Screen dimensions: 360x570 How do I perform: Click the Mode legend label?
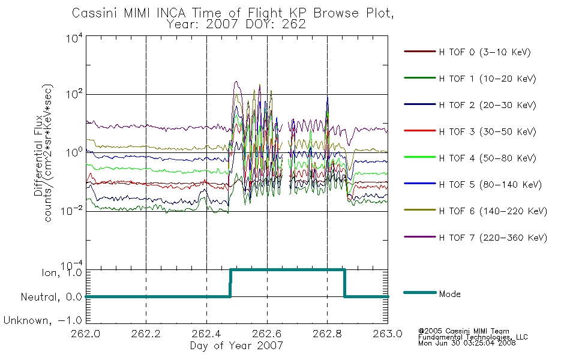pyautogui.click(x=450, y=294)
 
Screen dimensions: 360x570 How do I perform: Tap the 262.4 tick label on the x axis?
pyautogui.click(x=206, y=334)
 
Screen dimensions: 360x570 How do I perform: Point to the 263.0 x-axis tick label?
pyautogui.click(x=388, y=334)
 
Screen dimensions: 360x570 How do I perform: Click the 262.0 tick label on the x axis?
pyautogui.click(x=86, y=334)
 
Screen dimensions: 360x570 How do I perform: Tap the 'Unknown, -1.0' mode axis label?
pyautogui.click(x=43, y=321)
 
